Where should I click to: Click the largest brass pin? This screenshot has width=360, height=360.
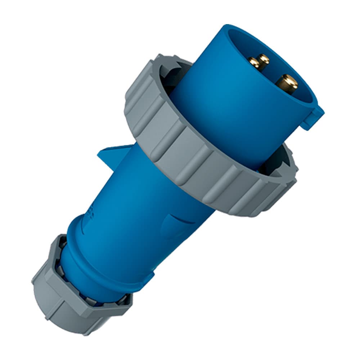[x=287, y=83]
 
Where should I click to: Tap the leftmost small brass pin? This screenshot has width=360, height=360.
[x=254, y=63]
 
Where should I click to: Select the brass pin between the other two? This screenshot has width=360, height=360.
[x=264, y=59]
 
